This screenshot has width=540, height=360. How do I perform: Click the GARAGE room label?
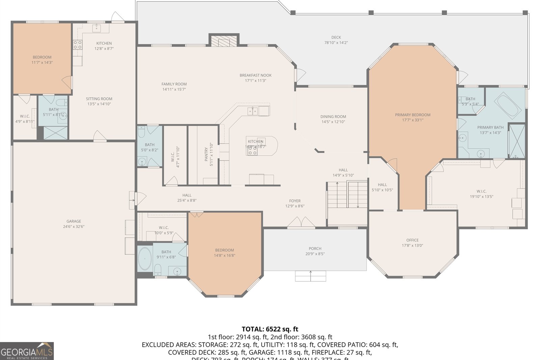point(74,222)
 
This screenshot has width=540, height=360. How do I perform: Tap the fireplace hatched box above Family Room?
point(224,42)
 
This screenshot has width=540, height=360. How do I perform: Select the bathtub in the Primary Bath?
point(508,105)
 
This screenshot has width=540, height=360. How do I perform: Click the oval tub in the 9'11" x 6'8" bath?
point(145,259)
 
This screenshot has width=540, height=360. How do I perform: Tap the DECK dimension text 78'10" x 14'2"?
point(336,43)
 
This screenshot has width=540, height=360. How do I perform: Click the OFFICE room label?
point(412,240)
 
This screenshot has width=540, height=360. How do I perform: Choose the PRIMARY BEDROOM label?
point(412,115)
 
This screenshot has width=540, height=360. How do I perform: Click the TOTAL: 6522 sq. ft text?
point(270,329)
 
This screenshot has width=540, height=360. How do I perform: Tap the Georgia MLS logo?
point(27,351)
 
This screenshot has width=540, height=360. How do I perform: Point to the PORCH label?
point(315,249)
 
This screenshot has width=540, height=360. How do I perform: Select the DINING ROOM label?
point(333,117)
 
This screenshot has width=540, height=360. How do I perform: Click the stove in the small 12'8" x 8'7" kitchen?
point(78,45)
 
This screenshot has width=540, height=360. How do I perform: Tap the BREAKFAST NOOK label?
point(255,75)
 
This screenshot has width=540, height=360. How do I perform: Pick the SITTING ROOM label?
point(99,99)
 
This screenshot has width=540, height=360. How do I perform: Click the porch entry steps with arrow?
point(310,276)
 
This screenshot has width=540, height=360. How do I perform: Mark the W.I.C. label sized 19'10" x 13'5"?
point(481,191)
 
